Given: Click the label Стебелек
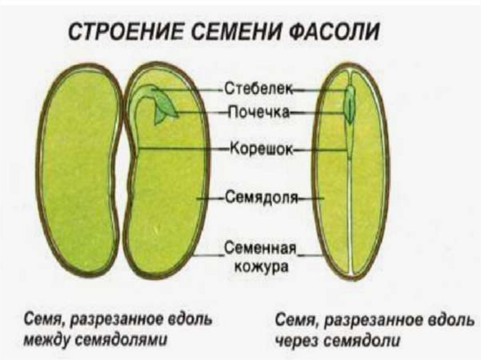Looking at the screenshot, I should [x=258, y=88].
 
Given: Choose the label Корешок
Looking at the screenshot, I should [x=260, y=150].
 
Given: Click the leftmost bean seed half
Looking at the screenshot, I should [x=78, y=169].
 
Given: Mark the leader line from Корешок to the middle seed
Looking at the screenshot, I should [x=183, y=149].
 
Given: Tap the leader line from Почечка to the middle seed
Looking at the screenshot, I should [x=202, y=112].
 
